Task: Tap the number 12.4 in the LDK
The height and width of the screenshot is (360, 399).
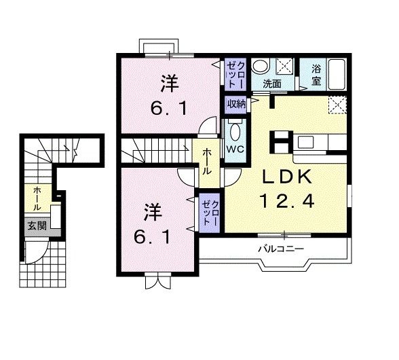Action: (x=288, y=202)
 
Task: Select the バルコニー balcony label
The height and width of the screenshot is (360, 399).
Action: (x=280, y=248)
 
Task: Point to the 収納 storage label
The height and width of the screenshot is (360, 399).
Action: (x=236, y=104)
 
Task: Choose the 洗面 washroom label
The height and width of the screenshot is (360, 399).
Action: (x=273, y=84)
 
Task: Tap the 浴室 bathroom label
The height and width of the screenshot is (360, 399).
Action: (x=316, y=75)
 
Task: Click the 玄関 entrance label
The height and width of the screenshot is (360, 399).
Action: (x=37, y=226)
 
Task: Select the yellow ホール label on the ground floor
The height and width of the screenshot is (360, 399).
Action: (x=37, y=197)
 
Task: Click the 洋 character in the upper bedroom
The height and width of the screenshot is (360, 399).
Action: (x=170, y=84)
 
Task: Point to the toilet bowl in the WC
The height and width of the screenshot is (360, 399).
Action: (x=235, y=130)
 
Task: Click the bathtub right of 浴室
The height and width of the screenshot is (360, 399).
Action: (x=337, y=75)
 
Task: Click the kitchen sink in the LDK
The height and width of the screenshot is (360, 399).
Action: (x=305, y=143)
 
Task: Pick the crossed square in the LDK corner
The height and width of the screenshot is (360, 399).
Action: (x=337, y=105)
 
